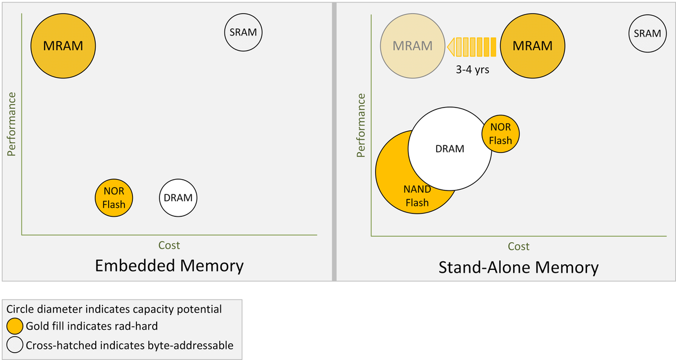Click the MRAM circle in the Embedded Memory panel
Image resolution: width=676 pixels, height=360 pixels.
pos(63,46)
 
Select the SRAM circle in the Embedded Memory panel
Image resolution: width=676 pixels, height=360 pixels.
pos(243,33)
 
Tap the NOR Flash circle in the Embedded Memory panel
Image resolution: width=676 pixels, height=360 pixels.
pos(114,198)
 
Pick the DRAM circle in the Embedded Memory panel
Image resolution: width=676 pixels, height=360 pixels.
pos(178,198)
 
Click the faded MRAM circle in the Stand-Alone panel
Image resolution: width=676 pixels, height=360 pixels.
pos(413,46)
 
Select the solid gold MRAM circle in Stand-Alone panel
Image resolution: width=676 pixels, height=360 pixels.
pos(532,46)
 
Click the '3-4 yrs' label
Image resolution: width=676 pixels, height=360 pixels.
pos(472,71)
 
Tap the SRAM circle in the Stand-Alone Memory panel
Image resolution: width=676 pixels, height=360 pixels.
pos(647,33)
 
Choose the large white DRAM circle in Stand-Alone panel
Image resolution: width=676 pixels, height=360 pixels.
pos(450,149)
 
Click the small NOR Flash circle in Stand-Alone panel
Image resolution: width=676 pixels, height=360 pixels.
pos(500,134)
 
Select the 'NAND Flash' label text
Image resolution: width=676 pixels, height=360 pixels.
pos(417,196)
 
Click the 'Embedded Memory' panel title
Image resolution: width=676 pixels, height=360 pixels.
pos(169,266)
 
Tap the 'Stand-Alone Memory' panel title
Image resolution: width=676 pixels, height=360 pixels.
pos(518,267)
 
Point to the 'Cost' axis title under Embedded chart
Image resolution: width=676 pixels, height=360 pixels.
pos(169,245)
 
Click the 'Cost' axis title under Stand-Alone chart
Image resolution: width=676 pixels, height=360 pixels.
pos(518,246)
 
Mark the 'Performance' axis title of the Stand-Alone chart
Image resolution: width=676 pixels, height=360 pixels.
pos(361,125)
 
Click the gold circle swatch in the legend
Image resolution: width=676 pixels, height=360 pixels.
pos(15,326)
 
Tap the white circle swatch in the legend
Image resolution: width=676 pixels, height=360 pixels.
pos(15,345)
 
